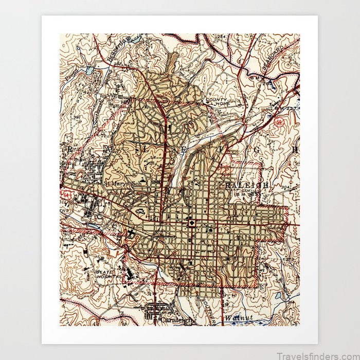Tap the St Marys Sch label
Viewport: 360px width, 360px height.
122,183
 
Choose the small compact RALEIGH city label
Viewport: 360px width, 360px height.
244,184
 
